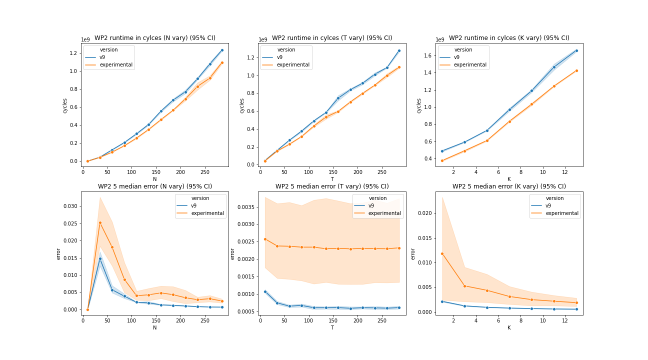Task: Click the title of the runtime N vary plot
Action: pyautogui.click(x=155, y=38)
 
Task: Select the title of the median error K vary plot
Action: pyautogui.click(x=509, y=186)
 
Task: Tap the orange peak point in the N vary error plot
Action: pyautogui.click(x=100, y=223)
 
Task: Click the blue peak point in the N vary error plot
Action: pyautogui.click(x=100, y=258)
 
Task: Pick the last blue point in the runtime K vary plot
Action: pyautogui.click(x=576, y=50)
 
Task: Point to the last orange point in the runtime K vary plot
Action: pyautogui.click(x=576, y=70)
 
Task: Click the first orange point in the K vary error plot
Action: pyautogui.click(x=442, y=254)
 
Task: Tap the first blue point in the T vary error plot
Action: pyautogui.click(x=265, y=291)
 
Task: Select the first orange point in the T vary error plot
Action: pyautogui.click(x=265, y=239)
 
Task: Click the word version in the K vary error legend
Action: pyautogui.click(x=555, y=198)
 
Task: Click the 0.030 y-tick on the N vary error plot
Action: pyautogui.click(x=70, y=206)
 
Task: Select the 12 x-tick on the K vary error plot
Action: pyautogui.click(x=565, y=320)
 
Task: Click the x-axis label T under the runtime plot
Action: pyautogui.click(x=332, y=179)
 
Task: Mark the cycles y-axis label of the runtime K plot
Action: pyautogui.click(x=418, y=106)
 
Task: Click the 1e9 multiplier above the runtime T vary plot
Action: pyautogui.click(x=263, y=39)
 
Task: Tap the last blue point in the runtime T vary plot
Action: pyautogui.click(x=399, y=50)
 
